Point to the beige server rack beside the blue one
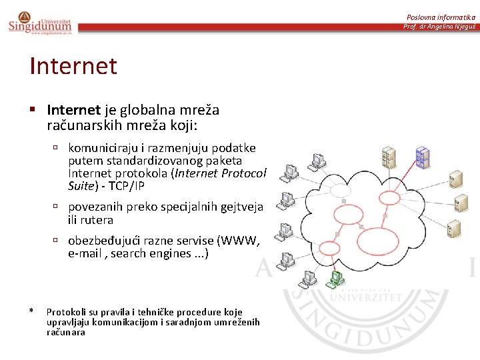[388, 157]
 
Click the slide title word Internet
[73, 66]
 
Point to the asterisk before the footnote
[31, 311]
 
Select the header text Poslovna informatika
[441, 17]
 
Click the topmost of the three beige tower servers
[456, 179]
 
